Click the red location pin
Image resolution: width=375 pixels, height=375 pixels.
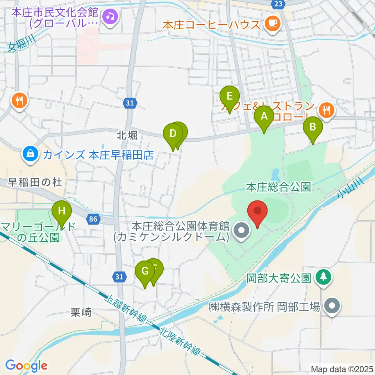[x=258, y=212]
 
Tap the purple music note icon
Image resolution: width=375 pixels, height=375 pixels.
[x=111, y=16]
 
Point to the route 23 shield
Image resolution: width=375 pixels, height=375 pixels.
[x=278, y=4]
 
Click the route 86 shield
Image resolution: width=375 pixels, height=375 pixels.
[x=93, y=220]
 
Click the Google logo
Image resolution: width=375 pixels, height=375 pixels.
[x=26, y=366]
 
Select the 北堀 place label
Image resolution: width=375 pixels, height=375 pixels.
[x=127, y=136]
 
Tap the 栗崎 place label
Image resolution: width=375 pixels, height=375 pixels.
[x=81, y=312]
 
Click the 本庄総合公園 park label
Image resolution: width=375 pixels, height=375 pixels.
[x=278, y=187]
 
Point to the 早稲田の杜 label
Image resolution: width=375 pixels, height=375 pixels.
[x=33, y=182]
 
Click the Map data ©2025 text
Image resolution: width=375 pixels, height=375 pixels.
[x=341, y=369]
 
